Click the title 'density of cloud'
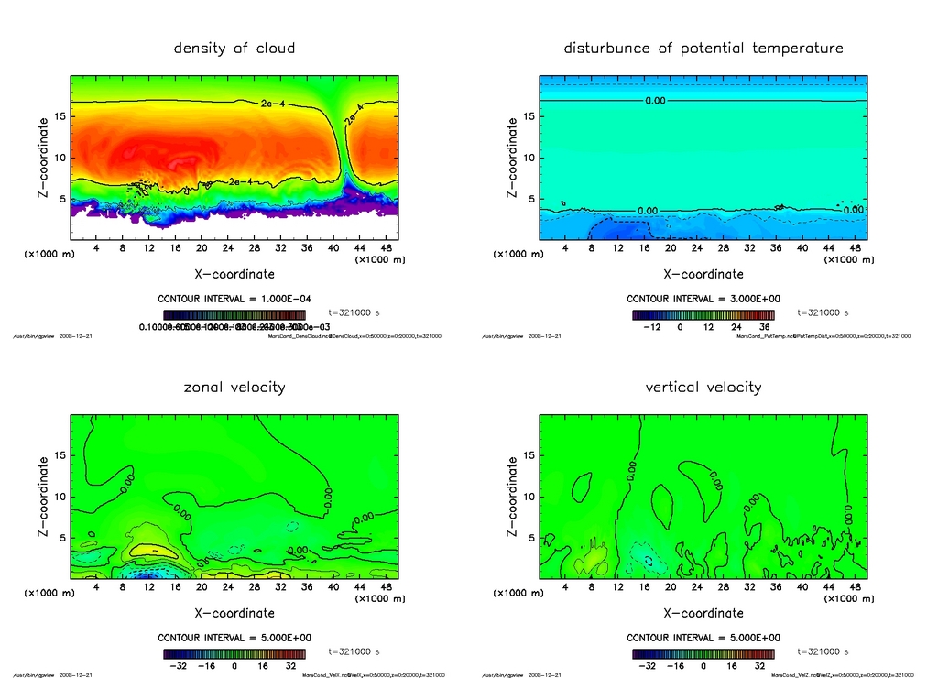coord(234,48)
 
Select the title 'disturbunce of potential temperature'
coord(703,48)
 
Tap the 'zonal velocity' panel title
coord(234,387)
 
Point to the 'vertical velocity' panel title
coord(703,387)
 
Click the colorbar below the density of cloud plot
coord(234,313)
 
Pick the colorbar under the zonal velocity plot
coord(234,654)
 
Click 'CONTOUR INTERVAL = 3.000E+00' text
coord(703,299)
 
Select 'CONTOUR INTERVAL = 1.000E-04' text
coord(234,299)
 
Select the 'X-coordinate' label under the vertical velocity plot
coord(703,613)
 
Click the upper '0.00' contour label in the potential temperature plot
coord(655,100)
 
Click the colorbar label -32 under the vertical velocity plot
coord(646,667)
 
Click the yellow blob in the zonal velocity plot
coord(148,550)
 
